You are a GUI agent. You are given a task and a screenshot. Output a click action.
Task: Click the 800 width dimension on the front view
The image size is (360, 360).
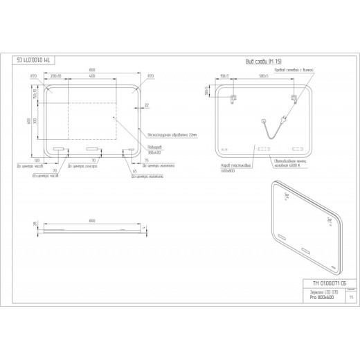92,71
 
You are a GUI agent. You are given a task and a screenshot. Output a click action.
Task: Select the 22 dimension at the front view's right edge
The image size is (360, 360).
147,105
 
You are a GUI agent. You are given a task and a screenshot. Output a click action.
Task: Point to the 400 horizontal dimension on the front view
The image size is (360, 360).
92,76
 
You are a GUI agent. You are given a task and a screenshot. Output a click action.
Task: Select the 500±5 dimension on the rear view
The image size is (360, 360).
264,76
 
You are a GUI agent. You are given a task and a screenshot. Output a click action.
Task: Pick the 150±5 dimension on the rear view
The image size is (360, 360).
224,76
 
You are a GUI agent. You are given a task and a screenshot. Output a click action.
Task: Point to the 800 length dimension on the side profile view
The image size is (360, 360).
92,219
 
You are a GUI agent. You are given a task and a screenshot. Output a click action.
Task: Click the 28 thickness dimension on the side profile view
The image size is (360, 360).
35,225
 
